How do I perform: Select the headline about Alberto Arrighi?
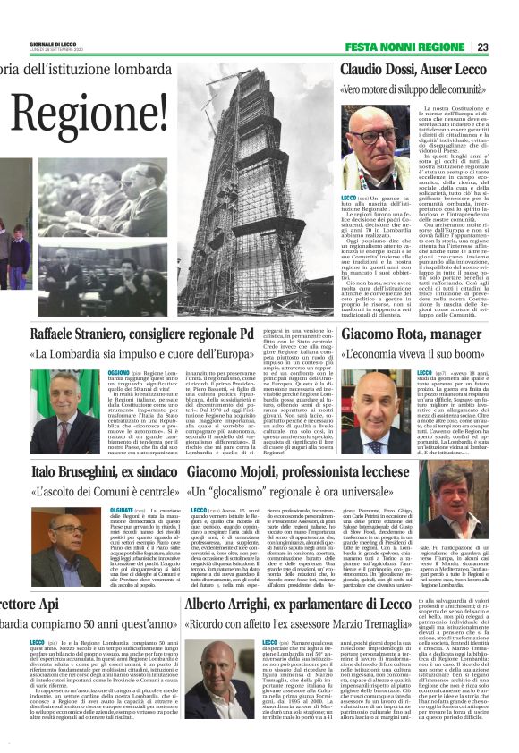[x=325, y=630]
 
